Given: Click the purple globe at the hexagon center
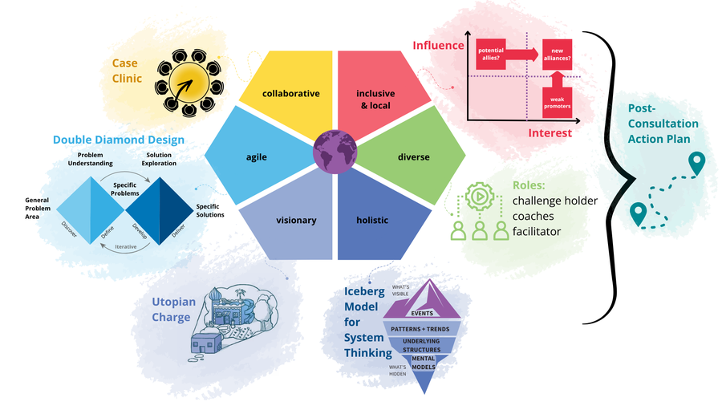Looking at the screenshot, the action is (335, 152).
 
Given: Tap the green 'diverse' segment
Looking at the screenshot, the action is (412, 156).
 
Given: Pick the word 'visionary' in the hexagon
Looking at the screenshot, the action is (296, 220).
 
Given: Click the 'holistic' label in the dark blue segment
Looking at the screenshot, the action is (372, 220).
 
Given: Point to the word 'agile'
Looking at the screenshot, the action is (257, 157).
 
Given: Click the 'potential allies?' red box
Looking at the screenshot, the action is (491, 55).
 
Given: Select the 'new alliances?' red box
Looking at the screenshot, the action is (558, 55).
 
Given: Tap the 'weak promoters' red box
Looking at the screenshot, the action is (558, 102).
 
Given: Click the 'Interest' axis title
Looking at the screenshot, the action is (550, 133).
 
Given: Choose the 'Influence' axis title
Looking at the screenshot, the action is (438, 45).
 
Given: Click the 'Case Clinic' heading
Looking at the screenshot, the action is (127, 71).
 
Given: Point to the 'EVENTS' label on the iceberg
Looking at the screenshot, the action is (422, 314).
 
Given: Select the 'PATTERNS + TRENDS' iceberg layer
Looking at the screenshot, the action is (420, 329).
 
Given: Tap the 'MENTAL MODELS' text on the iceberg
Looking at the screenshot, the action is (423, 363).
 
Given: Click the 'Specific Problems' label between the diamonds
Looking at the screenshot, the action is (125, 189).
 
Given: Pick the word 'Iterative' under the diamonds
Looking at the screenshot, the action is (126, 247).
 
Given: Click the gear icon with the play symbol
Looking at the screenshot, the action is (480, 197).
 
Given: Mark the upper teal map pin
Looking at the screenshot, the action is (696, 164).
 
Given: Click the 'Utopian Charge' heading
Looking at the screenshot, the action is (173, 310).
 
